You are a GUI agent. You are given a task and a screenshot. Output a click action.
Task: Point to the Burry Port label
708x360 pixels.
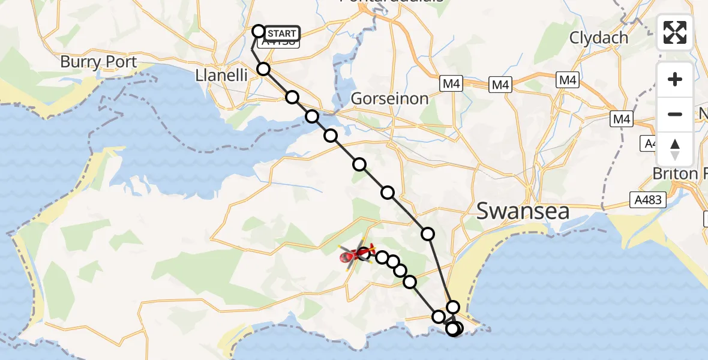click(x=98, y=62)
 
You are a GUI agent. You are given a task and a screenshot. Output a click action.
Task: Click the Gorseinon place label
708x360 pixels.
click(x=390, y=98)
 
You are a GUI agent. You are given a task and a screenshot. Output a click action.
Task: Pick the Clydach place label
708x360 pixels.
click(x=599, y=38)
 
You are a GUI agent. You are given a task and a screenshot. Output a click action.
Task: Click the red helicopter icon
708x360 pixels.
click(x=357, y=256)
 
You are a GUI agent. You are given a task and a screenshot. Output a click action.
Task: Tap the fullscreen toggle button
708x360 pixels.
click(x=675, y=32)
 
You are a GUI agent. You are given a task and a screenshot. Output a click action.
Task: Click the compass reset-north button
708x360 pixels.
click(x=675, y=149)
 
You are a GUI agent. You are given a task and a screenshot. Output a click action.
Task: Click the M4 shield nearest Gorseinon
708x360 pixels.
click(x=451, y=85)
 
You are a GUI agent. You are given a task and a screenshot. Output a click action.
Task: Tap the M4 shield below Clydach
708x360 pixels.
click(x=567, y=80)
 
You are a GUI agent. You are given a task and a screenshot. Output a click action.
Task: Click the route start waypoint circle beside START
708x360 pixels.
click(x=259, y=31)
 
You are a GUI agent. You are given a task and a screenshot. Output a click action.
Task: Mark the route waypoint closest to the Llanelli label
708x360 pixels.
click(x=263, y=69)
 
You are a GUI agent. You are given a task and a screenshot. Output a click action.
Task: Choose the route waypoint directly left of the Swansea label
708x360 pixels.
click(x=428, y=233)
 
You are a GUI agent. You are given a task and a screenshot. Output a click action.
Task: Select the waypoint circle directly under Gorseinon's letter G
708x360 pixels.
click(x=359, y=164)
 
